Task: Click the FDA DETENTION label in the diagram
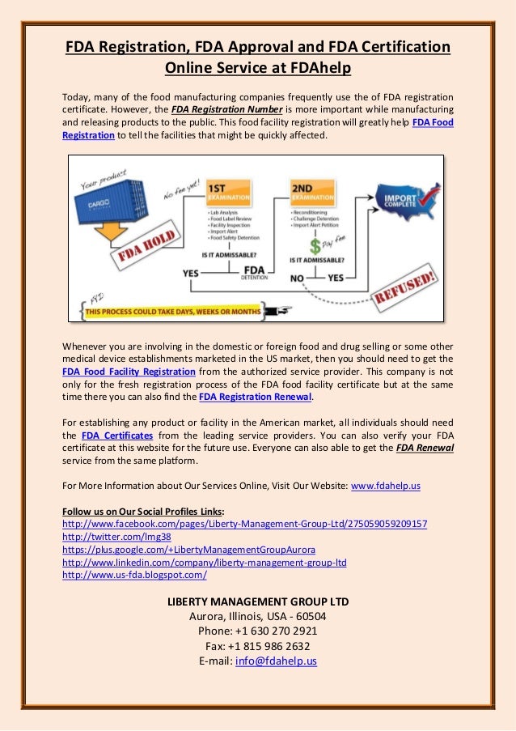tap(254, 271)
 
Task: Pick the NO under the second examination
tap(298, 277)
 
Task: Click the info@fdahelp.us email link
tap(275, 661)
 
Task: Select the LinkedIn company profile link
tap(204, 562)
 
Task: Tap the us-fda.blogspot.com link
tap(134, 575)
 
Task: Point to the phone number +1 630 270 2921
tap(257, 631)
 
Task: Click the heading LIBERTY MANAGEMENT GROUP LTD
tap(257, 601)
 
